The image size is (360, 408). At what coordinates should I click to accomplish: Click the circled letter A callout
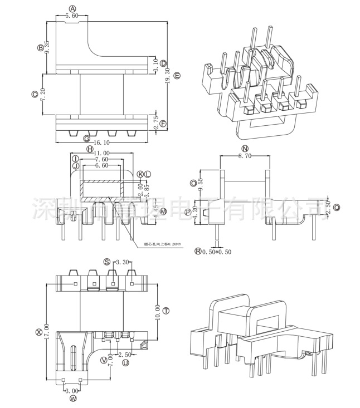click(x=72, y=8)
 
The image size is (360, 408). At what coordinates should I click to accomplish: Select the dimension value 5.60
click(x=72, y=16)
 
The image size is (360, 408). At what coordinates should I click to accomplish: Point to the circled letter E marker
click(x=177, y=75)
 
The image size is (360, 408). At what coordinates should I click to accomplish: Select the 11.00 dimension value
click(x=101, y=153)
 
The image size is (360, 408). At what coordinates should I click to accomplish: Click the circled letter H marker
click(x=90, y=149)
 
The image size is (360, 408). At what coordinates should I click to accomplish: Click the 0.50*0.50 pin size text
click(x=217, y=252)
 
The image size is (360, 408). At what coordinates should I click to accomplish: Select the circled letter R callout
click(x=198, y=252)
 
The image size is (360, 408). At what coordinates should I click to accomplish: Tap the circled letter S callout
click(x=106, y=262)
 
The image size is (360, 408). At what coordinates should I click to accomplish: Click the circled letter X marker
click(x=38, y=332)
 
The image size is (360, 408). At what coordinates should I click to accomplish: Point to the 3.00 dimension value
click(x=72, y=391)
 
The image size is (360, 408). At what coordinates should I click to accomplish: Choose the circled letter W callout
click(x=72, y=399)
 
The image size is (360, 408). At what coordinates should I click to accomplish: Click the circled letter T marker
click(x=166, y=310)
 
